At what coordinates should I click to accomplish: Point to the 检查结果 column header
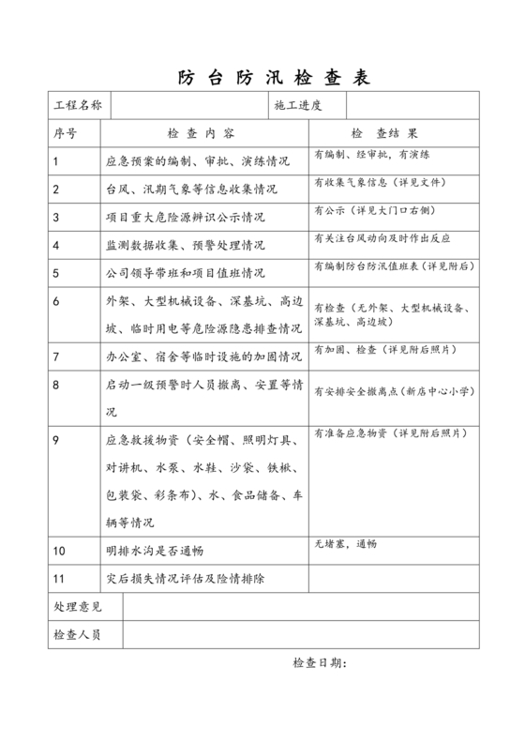click(x=384, y=133)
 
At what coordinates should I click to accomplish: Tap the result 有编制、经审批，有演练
click(x=372, y=154)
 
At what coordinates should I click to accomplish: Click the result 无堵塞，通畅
click(x=346, y=543)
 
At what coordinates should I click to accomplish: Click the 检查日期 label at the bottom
click(x=320, y=664)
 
